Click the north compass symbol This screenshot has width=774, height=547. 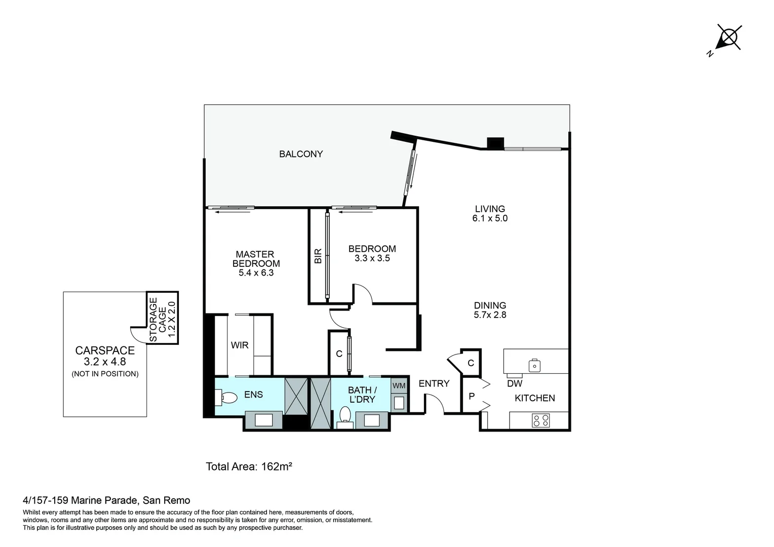coord(728,38)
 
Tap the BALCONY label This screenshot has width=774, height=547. coord(301,154)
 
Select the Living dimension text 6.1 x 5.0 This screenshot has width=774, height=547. coord(490,218)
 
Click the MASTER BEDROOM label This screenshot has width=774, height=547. coord(256,259)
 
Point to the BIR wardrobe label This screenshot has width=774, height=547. coord(318,256)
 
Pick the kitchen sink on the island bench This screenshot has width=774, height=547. coord(534,365)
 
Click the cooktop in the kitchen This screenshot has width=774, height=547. coord(540,420)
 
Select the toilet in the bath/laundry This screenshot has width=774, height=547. coord(345,416)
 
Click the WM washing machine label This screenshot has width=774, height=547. coord(399,386)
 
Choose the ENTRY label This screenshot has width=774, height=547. coord(434,384)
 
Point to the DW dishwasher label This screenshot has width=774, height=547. coord(515,384)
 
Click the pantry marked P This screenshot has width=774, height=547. coord(472,396)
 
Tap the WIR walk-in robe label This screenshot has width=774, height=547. coord(240,345)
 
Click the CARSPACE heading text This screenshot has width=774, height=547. coord(105,350)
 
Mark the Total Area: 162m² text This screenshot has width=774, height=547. coord(249,466)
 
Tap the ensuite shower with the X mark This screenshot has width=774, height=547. coord(296,396)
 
